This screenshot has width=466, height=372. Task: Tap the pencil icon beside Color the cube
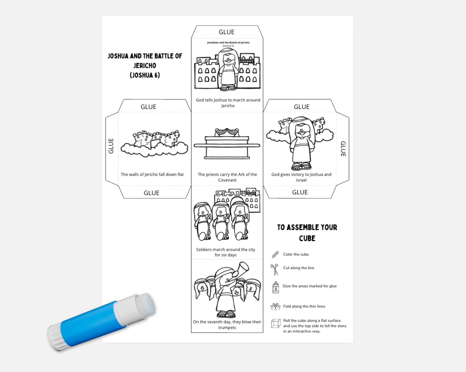click(x=275, y=254)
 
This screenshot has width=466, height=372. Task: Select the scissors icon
click(x=274, y=269)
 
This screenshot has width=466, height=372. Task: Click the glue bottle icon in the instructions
click(x=276, y=287)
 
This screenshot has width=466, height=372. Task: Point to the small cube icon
click(x=276, y=323)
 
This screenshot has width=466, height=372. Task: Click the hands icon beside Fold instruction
click(x=275, y=306)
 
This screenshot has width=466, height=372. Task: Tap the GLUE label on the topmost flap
click(x=227, y=32)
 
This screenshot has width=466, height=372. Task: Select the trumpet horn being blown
click(x=241, y=269)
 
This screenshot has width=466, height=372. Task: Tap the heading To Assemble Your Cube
click(x=307, y=233)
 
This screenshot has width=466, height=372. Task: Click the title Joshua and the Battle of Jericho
click(x=145, y=65)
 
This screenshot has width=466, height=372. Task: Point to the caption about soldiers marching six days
click(x=225, y=252)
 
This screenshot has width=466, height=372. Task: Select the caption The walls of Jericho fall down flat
click(x=152, y=174)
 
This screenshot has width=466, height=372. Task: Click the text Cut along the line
click(x=298, y=268)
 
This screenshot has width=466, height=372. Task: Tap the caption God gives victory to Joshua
click(x=301, y=177)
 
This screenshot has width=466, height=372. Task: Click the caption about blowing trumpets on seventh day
click(x=227, y=325)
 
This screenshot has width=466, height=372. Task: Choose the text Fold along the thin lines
click(x=304, y=306)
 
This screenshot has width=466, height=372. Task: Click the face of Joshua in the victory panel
click(x=301, y=131)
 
